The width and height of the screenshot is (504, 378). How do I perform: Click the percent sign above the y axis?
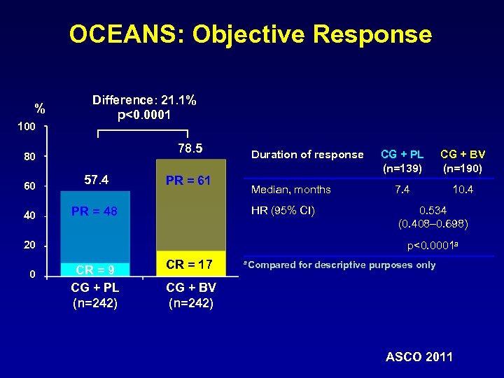tap(41, 108)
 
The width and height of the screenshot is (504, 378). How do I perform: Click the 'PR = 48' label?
tap(95, 211)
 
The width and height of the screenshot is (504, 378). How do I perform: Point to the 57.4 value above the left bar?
tap(96, 180)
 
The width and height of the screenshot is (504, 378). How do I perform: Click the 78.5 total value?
tap(190, 148)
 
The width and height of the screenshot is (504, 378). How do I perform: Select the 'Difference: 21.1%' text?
tap(144, 100)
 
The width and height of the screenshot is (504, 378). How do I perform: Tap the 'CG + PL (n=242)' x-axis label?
tap(94, 295)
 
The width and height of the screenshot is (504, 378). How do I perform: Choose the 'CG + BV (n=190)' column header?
tap(462, 160)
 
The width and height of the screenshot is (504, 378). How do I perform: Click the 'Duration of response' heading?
tap(307, 155)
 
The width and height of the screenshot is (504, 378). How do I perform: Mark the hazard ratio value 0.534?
tap(433, 211)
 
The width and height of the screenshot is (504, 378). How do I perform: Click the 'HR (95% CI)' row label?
tap(282, 211)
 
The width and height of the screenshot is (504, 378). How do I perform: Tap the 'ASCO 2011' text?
tap(419, 357)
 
